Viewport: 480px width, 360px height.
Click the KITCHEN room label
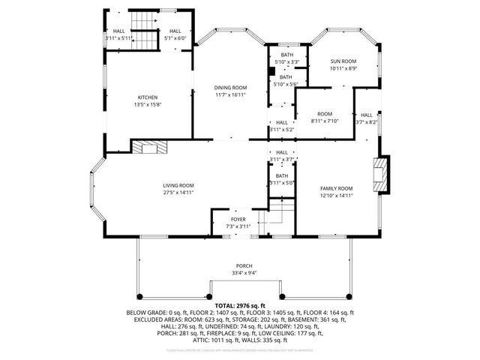(147, 97)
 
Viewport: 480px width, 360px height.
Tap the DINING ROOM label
(231, 88)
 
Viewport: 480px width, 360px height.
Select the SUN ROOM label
(343, 61)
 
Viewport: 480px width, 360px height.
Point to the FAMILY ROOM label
(337, 188)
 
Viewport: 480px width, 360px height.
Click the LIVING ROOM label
(178, 185)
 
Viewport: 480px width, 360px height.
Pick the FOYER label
(238, 219)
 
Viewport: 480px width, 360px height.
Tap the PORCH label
(244, 266)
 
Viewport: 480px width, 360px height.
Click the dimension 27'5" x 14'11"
(178, 193)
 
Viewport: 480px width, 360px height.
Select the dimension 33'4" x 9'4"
(244, 274)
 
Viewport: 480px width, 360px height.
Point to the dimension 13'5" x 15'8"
(147, 104)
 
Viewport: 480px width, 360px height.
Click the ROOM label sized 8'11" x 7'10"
(324, 113)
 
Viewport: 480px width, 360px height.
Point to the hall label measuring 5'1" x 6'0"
(175, 31)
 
